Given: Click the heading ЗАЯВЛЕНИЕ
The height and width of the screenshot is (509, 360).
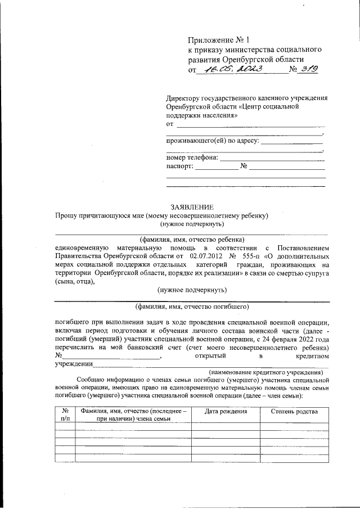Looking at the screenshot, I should pos(192,207).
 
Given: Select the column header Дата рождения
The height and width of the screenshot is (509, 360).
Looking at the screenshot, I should pos(226,412).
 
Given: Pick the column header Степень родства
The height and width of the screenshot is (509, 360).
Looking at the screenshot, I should pos(294,412).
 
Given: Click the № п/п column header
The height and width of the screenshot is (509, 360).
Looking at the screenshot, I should pos(65,415).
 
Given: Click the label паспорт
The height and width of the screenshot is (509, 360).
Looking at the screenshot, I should pos(179,166).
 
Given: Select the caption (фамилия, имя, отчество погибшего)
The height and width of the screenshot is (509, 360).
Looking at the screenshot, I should pos(192,307).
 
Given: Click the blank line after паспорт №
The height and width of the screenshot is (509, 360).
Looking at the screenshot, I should pos(287,168).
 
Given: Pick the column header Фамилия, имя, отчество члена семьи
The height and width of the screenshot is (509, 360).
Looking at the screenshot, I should pos(133,415).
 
